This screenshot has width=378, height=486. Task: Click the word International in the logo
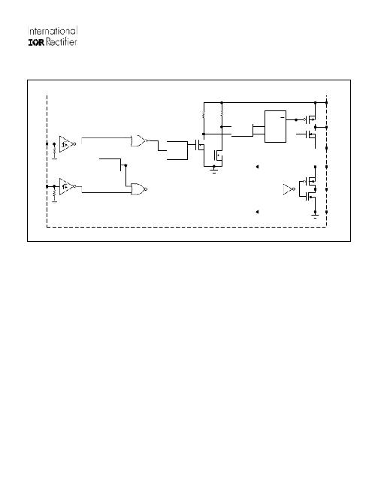[x=53, y=31]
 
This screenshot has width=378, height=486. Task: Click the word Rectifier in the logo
[x=62, y=42]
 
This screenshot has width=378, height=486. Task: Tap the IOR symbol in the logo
[x=36, y=43]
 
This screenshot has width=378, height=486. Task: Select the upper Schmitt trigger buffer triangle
[x=66, y=143]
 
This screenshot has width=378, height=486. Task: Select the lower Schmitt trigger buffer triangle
[x=66, y=186]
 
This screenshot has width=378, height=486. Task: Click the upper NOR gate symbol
[x=138, y=140]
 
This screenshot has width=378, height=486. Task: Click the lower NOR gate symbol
[x=138, y=189]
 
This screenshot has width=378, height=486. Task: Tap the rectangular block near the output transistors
[x=275, y=126]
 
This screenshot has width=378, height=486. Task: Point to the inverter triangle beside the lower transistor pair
[x=289, y=189]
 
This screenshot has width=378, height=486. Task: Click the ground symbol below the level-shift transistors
[x=214, y=170]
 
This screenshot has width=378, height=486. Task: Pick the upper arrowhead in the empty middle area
[x=257, y=167]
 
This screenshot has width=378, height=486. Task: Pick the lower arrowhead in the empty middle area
[x=257, y=212]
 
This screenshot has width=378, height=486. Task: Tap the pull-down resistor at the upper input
[x=55, y=150]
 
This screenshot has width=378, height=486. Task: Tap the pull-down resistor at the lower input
[x=55, y=193]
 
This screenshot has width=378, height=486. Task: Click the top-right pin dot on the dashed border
[x=327, y=102]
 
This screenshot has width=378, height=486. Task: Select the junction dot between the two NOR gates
[x=125, y=165]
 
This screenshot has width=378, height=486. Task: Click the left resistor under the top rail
[x=204, y=115]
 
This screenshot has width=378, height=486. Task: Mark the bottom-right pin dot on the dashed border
[x=327, y=212]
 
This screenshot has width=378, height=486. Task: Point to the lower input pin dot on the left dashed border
[x=47, y=186]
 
